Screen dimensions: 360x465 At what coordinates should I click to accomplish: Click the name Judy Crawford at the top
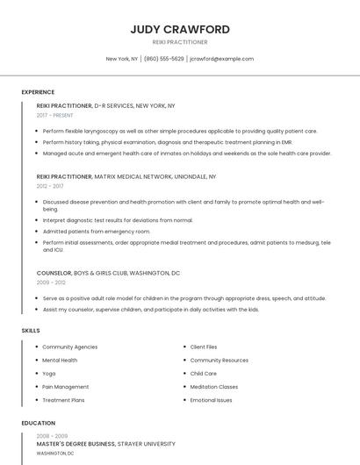coord(180,29)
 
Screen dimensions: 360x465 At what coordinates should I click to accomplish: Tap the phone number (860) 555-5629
coord(163,59)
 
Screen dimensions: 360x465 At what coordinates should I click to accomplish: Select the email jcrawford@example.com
coord(221,59)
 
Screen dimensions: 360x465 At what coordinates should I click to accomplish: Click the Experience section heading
coord(38,92)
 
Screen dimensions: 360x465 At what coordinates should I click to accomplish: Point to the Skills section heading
coord(31,330)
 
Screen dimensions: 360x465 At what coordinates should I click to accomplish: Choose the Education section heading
coord(39,423)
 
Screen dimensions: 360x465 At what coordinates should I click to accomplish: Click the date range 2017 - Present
coord(55,115)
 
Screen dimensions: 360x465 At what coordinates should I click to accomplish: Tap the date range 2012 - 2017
coord(50,186)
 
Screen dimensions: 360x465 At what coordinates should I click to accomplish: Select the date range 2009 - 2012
coord(50,283)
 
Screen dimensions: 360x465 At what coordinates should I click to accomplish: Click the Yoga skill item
coord(48,373)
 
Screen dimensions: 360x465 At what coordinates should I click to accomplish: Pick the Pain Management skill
coord(65,387)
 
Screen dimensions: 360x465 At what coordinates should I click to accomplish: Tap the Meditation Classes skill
coord(213,387)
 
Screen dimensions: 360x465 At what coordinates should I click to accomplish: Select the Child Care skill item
coord(203,373)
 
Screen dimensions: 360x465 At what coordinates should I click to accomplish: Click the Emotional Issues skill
coord(211,400)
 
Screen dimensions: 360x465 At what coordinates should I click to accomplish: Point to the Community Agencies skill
coord(69,347)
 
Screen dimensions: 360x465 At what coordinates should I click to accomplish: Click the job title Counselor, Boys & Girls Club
coord(108,273)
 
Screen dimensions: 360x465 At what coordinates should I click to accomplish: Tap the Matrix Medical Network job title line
coord(126,176)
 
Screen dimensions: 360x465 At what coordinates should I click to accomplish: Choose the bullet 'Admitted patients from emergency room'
coord(97,231)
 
